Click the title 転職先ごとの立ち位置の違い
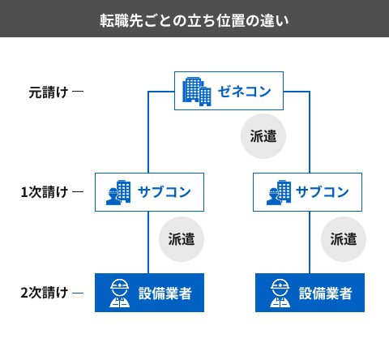coord(194,19)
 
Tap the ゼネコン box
coord(229,91)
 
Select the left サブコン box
coord(148,192)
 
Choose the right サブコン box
coord(309,192)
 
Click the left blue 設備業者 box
coord(148,293)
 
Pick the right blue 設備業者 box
coord(309,293)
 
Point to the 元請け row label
coord(48,92)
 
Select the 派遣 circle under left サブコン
coord(181,238)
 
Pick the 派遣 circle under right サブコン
coord(344,238)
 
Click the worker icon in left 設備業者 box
coord(119,293)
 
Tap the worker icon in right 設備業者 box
coord(280,293)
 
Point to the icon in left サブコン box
coord(119,192)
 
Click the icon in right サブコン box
coord(279,192)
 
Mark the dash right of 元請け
coord(78,92)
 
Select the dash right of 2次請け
coord(78,293)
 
